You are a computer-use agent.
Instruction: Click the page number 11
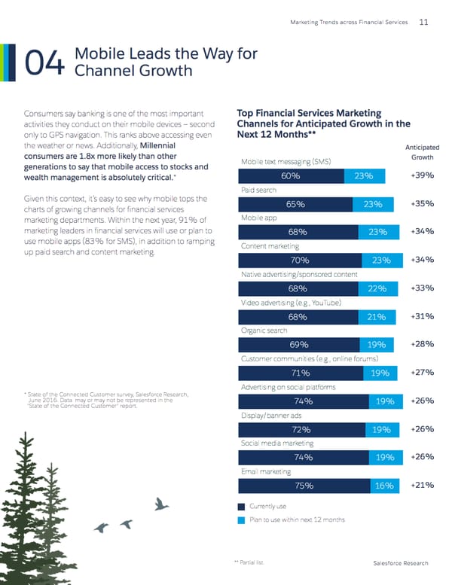(x=423, y=22)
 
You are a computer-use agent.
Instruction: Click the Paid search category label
(x=258, y=190)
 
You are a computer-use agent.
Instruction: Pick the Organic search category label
(x=263, y=331)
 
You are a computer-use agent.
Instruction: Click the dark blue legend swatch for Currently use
(x=241, y=507)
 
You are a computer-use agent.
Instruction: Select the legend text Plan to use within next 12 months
(x=297, y=519)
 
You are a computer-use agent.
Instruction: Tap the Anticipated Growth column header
(x=422, y=153)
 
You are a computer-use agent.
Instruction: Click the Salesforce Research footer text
(x=401, y=563)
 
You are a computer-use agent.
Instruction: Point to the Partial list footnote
(x=249, y=562)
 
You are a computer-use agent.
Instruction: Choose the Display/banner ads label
(x=270, y=415)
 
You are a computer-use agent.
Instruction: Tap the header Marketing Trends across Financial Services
(x=348, y=22)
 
